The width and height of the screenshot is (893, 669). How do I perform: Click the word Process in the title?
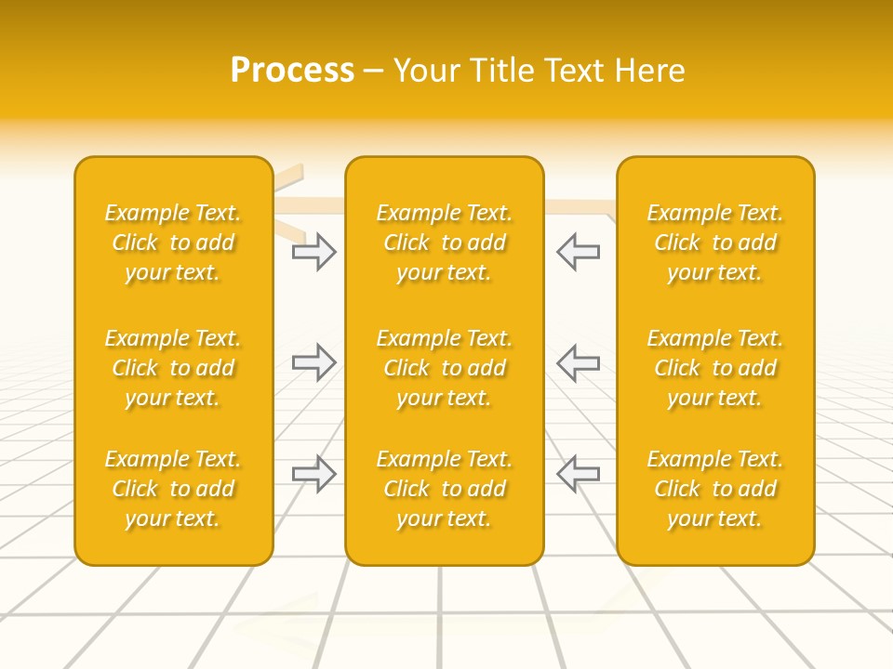click(x=292, y=71)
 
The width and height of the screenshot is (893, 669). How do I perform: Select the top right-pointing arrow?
click(x=314, y=252)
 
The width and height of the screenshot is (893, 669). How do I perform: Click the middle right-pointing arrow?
click(x=314, y=362)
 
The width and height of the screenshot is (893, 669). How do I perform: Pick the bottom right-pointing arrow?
click(x=314, y=474)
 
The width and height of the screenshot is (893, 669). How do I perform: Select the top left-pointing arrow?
click(x=578, y=252)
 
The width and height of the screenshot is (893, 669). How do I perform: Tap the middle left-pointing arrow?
click(x=578, y=362)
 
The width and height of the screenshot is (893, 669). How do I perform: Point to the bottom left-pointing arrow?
click(x=578, y=474)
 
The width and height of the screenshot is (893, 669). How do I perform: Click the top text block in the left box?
click(x=173, y=243)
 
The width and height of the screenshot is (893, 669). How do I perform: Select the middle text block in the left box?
click(x=173, y=368)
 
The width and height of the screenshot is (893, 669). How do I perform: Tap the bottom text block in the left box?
click(x=173, y=489)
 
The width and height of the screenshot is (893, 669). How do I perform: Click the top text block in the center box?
click(x=444, y=243)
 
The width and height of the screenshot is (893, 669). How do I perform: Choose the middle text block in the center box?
click(x=444, y=368)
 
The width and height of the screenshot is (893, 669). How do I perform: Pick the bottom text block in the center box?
click(x=444, y=489)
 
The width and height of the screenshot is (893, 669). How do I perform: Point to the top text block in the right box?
click(x=714, y=243)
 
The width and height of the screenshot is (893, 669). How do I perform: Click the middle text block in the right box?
click(x=714, y=368)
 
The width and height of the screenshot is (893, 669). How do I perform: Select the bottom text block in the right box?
click(x=714, y=489)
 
